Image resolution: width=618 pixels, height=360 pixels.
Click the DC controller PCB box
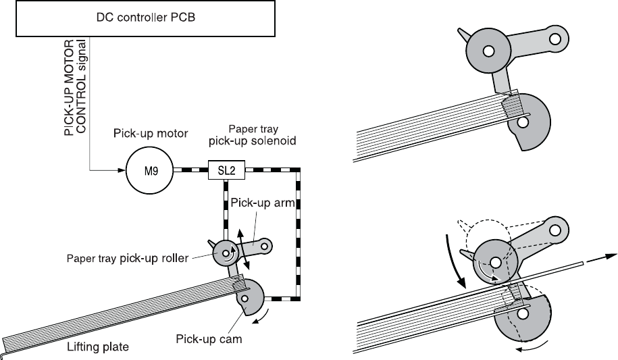tap(145, 18)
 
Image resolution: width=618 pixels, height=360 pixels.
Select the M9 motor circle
tap(150, 171)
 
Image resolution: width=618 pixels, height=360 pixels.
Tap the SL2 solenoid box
tap(227, 170)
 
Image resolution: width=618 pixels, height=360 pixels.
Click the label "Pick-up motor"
tap(151, 133)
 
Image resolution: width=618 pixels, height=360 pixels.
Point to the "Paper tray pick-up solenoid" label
tap(252, 135)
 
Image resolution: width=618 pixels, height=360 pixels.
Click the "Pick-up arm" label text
tap(263, 203)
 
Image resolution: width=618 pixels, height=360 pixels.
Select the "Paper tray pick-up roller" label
tap(127, 258)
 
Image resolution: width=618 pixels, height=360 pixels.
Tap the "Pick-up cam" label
tap(209, 339)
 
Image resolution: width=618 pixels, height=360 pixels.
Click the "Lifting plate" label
tap(98, 347)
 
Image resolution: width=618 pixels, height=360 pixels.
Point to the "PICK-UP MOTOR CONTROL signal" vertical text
tap(75, 87)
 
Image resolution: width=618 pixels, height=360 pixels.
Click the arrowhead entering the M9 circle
tap(122, 170)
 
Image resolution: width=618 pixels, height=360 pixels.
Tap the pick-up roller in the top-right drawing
tap(488, 51)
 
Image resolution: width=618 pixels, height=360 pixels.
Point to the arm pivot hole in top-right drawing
tap(555, 39)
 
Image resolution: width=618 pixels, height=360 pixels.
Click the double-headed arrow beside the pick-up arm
tap(244, 250)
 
